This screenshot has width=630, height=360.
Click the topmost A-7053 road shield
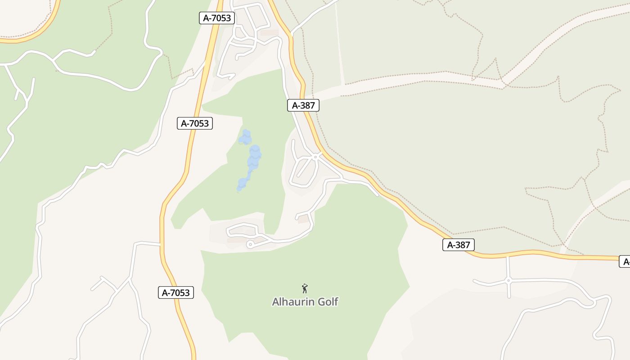(x=217, y=18)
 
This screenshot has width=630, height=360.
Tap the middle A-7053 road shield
(x=195, y=123)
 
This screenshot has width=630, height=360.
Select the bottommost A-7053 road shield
(x=176, y=292)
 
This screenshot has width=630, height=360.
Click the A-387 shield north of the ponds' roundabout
(x=303, y=105)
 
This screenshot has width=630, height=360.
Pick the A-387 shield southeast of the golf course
(x=459, y=245)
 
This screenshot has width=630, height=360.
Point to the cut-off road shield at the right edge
(x=625, y=261)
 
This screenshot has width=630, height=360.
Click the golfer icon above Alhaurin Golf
(x=305, y=288)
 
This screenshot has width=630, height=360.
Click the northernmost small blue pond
(x=245, y=137)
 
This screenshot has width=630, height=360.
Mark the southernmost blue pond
(x=242, y=184)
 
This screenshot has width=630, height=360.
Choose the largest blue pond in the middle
(x=255, y=155)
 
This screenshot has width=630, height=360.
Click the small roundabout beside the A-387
(x=316, y=157)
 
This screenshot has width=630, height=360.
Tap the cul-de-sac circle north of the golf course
(x=250, y=244)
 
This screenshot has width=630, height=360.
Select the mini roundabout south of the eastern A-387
(x=508, y=280)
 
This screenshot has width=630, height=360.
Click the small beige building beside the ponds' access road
(x=304, y=219)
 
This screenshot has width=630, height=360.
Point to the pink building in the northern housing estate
(x=269, y=33)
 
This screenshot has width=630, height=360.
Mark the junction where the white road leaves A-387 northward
(x=292, y=34)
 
